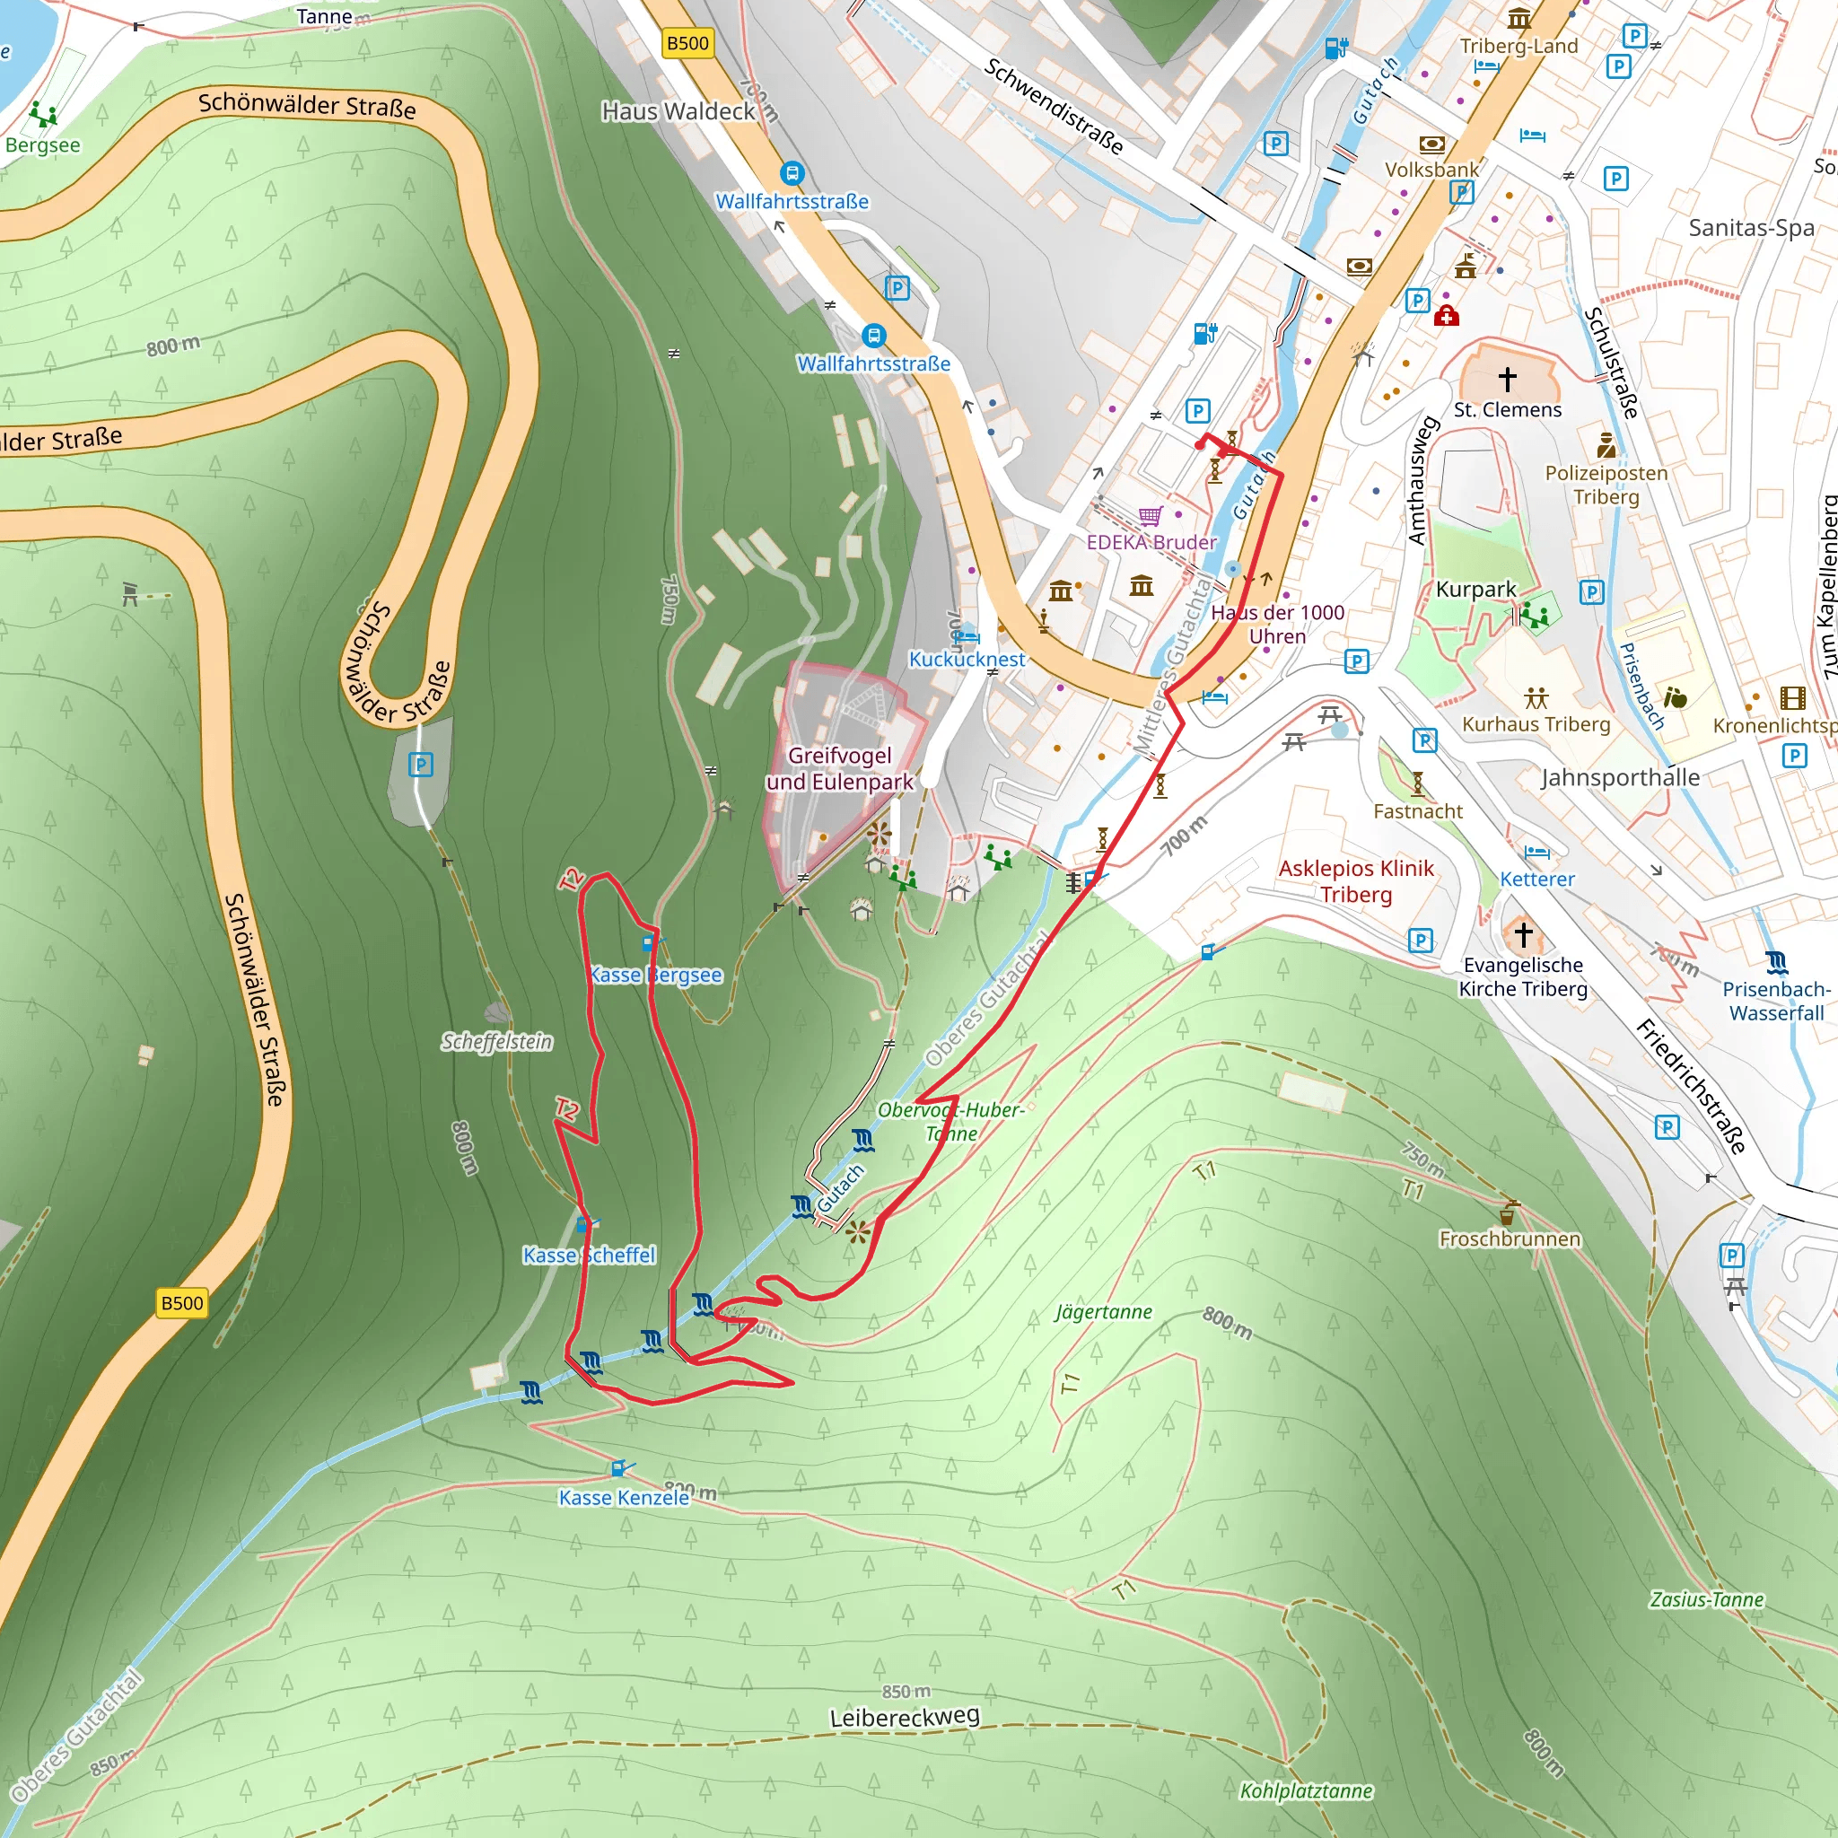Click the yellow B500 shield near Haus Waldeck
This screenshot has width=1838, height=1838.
pyautogui.click(x=687, y=43)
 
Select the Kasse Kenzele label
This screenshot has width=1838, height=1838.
pyautogui.click(x=623, y=1498)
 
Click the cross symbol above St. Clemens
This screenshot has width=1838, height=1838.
pyautogui.click(x=1507, y=379)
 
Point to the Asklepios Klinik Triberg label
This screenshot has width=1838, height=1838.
pyautogui.click(x=1356, y=881)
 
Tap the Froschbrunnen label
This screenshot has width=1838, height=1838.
pyautogui.click(x=1509, y=1238)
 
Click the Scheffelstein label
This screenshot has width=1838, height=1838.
pyautogui.click(x=496, y=1042)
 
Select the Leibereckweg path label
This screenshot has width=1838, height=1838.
pyautogui.click(x=904, y=1717)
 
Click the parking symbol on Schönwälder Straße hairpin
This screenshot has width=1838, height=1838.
pyautogui.click(x=421, y=764)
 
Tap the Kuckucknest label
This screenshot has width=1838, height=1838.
pyautogui.click(x=967, y=660)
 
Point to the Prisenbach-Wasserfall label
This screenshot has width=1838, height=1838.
pyautogui.click(x=1775, y=1001)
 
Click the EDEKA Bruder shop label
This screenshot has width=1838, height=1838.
pyautogui.click(x=1151, y=542)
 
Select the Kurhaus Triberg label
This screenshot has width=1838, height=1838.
pyautogui.click(x=1536, y=724)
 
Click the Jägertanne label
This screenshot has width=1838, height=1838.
pyautogui.click(x=1104, y=1312)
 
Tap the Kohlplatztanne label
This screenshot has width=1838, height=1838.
pyautogui.click(x=1305, y=1791)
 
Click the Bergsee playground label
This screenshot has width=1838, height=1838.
pyautogui.click(x=42, y=145)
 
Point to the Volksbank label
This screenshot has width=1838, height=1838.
pyautogui.click(x=1431, y=170)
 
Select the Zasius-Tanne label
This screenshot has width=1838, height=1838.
pyautogui.click(x=1707, y=1599)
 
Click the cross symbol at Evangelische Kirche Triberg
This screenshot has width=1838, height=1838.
pyautogui.click(x=1523, y=934)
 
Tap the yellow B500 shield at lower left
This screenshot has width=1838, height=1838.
pyautogui.click(x=180, y=1302)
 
